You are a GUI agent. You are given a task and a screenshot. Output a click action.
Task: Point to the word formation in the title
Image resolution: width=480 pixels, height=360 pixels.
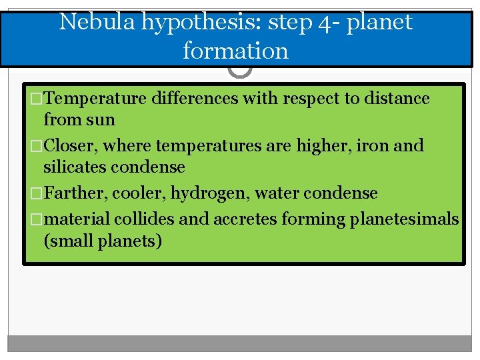point(235,51)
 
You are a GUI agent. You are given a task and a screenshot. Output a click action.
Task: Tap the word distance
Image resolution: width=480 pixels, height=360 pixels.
point(395,98)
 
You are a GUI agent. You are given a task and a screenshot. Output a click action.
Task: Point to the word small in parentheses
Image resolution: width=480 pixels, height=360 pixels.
point(71,240)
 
